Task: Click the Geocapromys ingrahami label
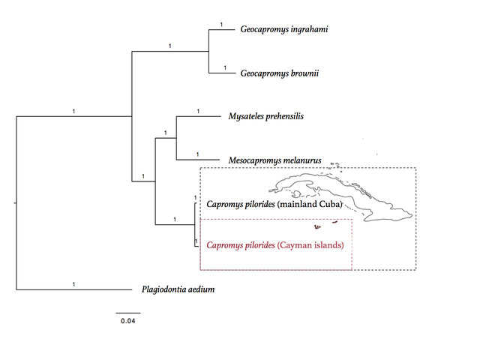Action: pos(284,29)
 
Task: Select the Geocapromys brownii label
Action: pos(280,73)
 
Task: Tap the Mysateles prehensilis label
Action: pos(266,116)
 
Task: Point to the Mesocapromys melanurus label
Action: pos(275,160)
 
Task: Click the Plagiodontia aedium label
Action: pos(178,289)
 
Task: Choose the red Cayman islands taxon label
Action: pos(275,245)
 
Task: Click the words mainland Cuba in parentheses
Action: pos(310,204)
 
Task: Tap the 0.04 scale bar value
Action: pos(128,321)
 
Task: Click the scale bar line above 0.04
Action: pos(128,313)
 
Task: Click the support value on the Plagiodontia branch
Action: pos(73,284)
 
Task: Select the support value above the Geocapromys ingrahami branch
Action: pos(222,25)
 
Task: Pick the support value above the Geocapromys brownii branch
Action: pos(225,67)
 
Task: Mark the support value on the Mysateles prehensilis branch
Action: pos(198,111)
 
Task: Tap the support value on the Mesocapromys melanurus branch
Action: pos(198,154)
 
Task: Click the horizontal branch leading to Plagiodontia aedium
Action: pos(74,289)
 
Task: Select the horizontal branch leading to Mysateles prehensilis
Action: pos(199,116)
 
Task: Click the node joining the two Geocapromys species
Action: pos(208,52)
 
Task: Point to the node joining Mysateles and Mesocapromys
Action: pos(176,138)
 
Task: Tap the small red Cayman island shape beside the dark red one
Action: pos(335,222)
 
